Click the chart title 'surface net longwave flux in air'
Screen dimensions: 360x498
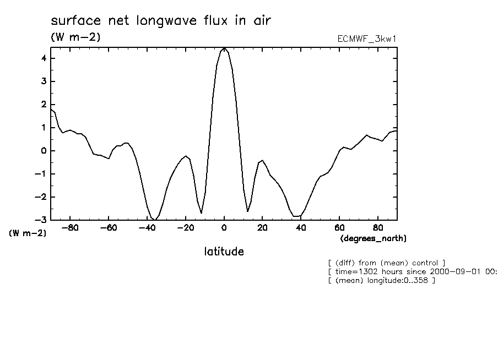pos(161,21)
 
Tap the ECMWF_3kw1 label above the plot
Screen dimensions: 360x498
pos(366,39)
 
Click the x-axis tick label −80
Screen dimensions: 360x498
pos(69,227)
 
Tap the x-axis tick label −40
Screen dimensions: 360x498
pos(147,227)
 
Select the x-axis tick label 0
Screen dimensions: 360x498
pos(224,227)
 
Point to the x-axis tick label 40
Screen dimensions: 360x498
pos(301,227)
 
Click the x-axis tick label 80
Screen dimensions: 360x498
pos(378,227)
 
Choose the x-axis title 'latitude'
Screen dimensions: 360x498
pos(224,252)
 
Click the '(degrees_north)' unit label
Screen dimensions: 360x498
pos(373,238)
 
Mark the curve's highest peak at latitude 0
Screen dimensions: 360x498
pos(224,48)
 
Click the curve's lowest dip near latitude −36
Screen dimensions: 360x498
pos(155,220)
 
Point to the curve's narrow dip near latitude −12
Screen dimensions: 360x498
pos(201,212)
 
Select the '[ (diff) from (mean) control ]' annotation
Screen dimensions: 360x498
pos(386,263)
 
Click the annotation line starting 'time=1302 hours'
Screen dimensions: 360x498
pos(412,271)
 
